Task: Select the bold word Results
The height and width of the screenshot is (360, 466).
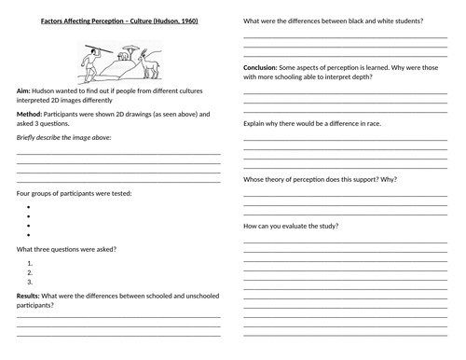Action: click(28, 295)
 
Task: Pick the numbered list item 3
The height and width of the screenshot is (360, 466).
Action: click(32, 281)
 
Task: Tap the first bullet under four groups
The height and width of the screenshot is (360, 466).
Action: click(32, 204)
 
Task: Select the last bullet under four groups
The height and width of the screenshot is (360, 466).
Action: click(32, 235)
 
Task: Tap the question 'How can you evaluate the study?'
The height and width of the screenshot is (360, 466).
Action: click(292, 227)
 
